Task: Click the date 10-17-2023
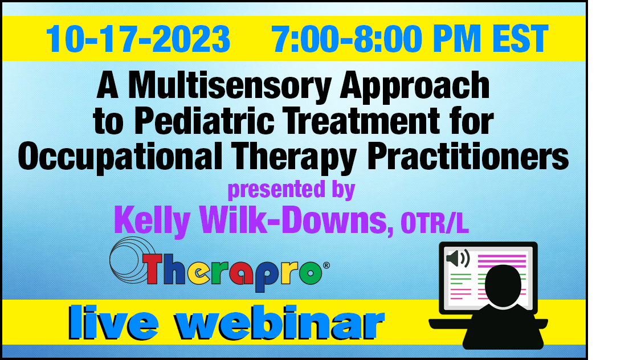point(138,39)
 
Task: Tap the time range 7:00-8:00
point(346,39)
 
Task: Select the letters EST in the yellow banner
point(520,39)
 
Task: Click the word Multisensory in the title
point(230,86)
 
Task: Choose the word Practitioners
point(468,156)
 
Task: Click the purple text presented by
point(291,190)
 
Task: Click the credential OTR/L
point(435,223)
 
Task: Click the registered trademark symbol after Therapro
point(326,265)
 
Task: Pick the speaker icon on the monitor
point(458,259)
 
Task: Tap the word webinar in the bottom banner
point(279,323)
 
